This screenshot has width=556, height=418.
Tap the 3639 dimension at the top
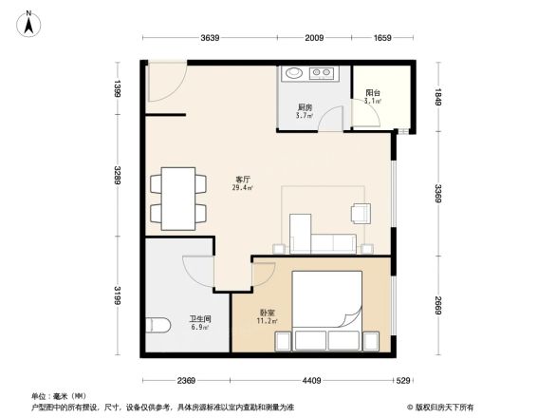[x=210, y=39]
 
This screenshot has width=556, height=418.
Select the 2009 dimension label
[x=315, y=39]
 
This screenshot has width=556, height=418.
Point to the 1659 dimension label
[x=381, y=39]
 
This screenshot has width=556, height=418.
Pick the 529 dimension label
[x=403, y=381]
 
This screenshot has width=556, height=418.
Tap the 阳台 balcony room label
[x=374, y=95]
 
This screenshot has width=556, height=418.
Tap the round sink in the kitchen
[x=293, y=72]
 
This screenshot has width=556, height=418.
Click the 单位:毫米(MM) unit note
[x=62, y=395]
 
